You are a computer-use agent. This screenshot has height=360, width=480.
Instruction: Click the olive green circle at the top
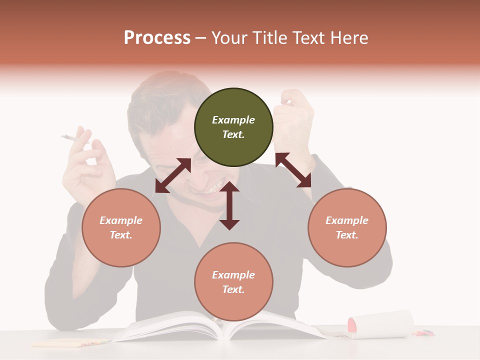coord(233,127)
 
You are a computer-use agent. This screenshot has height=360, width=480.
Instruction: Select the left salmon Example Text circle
coord(121,227)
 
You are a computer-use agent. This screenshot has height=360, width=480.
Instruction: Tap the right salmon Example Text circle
coord(347,227)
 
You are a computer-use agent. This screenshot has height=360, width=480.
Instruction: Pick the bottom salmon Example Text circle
coord(233,282)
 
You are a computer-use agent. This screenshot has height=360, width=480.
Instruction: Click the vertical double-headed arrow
coord(229,205)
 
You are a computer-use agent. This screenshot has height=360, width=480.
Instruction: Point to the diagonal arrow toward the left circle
coord(173,175)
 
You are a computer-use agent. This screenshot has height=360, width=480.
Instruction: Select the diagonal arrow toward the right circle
coord(293,170)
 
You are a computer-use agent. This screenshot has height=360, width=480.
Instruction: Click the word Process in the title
coord(157,38)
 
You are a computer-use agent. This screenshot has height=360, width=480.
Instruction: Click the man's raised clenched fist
coord(292,112)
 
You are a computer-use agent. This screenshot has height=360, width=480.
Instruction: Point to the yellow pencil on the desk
coord(70,343)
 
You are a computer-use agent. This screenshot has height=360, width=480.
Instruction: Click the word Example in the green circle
coord(233,120)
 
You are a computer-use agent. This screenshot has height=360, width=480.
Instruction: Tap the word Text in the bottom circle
coord(233,289)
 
